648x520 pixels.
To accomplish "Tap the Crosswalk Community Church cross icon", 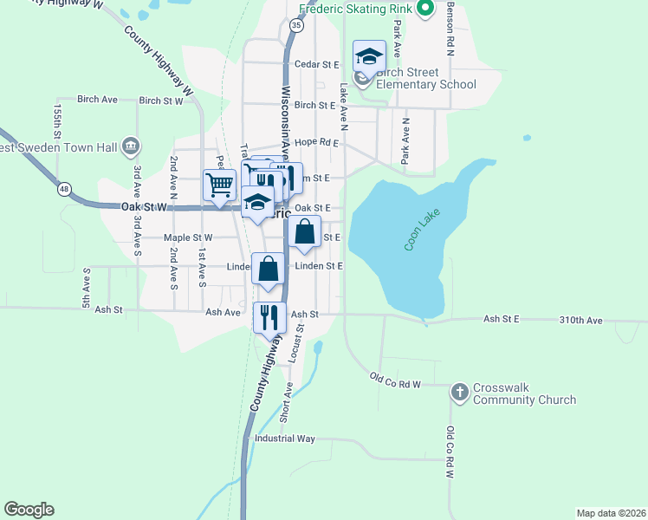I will pyautogui.click(x=460, y=393).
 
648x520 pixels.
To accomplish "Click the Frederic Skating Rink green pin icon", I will pyautogui.click(x=424, y=10).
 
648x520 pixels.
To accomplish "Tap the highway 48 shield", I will pyautogui.click(x=64, y=188).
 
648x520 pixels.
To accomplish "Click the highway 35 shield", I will pyautogui.click(x=297, y=26).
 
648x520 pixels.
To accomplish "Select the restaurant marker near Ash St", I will pyautogui.click(x=269, y=317).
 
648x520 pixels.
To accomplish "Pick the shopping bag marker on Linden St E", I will pyautogui.click(x=269, y=270).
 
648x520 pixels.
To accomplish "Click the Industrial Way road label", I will pyautogui.click(x=284, y=439).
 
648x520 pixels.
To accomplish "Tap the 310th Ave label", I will pyautogui.click(x=580, y=320).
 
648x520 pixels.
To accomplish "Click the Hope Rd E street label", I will pyautogui.click(x=316, y=142).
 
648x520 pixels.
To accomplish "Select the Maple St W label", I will pyautogui.click(x=188, y=237).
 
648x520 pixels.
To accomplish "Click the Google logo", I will pyautogui.click(x=29, y=510).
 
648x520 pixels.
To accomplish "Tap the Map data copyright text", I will pyautogui.click(x=611, y=512).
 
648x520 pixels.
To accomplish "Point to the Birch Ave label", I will pyautogui.click(x=97, y=100).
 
